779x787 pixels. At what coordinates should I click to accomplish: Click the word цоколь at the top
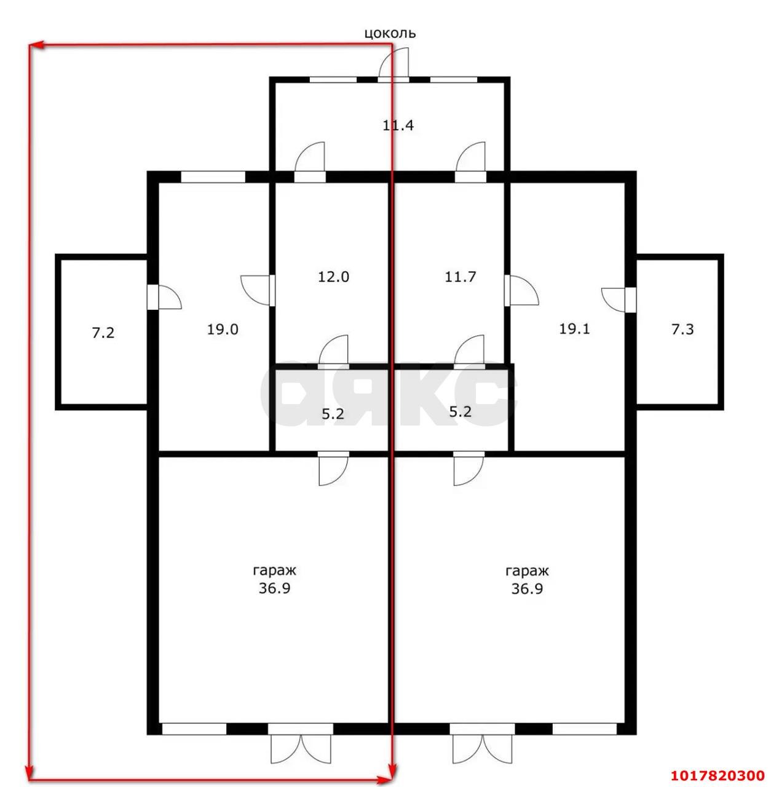tap(389, 33)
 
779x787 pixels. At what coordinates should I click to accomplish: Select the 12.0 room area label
tap(333, 277)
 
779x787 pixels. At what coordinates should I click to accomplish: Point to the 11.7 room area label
tap(460, 277)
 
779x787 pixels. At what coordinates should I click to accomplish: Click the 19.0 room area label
tap(222, 329)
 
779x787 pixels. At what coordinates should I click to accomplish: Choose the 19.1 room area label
tap(574, 329)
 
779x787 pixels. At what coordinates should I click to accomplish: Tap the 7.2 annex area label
tap(103, 333)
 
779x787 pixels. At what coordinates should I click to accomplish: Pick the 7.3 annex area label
tap(682, 329)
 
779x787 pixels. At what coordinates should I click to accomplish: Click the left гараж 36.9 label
tap(274, 580)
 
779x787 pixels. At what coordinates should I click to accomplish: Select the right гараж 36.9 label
tap(526, 580)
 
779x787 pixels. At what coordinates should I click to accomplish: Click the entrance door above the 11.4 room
tap(392, 64)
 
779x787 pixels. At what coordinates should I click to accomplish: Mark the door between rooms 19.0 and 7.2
tap(163, 297)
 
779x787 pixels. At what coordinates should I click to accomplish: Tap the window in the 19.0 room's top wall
tap(213, 176)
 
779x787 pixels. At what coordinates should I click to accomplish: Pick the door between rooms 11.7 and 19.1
tap(521, 290)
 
